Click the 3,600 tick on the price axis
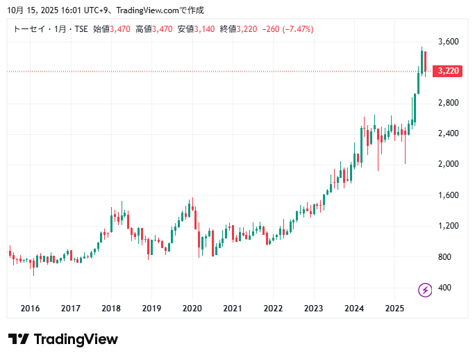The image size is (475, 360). pyautogui.click(x=449, y=42)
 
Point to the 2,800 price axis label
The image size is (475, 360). pyautogui.click(x=449, y=103)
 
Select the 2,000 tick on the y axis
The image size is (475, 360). pyautogui.click(x=449, y=164)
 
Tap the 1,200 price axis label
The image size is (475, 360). pyautogui.click(x=449, y=226)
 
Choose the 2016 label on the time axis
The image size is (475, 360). pyautogui.click(x=30, y=308)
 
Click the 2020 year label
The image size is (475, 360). pyautogui.click(x=192, y=308)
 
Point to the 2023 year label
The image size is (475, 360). pyautogui.click(x=314, y=308)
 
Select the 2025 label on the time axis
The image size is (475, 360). pyautogui.click(x=394, y=308)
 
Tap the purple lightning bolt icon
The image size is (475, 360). pyautogui.click(x=425, y=289)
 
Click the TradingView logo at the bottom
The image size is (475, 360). pyautogui.click(x=63, y=339)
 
